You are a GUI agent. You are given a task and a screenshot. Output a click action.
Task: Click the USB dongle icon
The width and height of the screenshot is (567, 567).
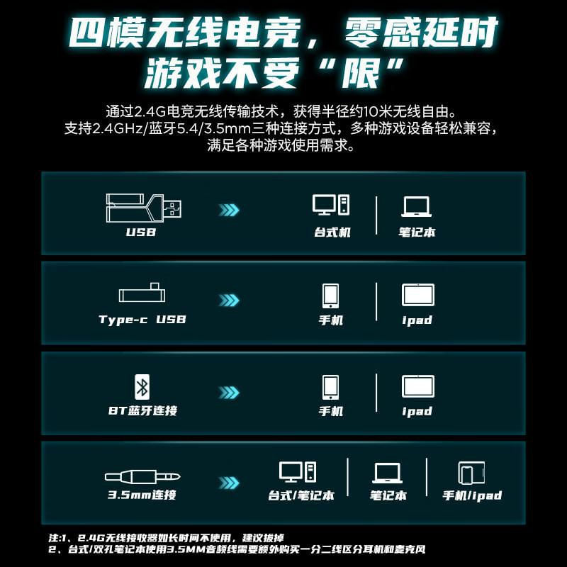pos(144,208)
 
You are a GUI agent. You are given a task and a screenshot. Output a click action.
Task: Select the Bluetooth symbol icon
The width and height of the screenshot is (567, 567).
pos(142,387)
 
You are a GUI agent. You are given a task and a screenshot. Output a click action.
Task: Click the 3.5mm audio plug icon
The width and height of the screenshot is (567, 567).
pos(142,476)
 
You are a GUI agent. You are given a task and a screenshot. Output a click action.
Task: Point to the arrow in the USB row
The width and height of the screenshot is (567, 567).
pos(229,210)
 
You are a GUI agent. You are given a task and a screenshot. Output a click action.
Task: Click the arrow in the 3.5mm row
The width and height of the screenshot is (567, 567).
pos(229,483)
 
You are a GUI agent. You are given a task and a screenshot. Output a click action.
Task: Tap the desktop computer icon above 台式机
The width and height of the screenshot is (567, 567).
pos(331,205)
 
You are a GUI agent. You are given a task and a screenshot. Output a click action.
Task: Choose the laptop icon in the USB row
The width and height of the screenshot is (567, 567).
pos(416,207)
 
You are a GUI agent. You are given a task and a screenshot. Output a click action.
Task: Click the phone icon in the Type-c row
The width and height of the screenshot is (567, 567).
pos(330,296)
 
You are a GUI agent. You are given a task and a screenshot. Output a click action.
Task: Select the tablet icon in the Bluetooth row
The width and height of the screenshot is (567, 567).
pos(418,386)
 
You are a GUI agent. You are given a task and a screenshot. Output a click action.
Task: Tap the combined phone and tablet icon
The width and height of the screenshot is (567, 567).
pos(471,473)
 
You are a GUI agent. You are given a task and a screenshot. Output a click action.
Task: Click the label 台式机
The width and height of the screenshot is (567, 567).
pos(332,232)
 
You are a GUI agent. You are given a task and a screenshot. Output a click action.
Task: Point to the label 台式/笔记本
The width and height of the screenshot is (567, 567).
pos(301,495)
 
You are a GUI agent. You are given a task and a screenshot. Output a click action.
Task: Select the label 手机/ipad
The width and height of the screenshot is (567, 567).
pos(472,495)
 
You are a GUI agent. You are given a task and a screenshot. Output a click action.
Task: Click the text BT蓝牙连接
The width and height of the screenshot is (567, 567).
pos(143,410)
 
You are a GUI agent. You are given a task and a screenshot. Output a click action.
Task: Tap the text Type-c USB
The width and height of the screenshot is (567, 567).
pos(142,320)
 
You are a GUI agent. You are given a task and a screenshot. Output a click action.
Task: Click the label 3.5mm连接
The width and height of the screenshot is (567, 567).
pos(142,494)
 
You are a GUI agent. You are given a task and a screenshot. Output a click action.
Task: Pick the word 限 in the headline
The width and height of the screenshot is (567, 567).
pos(361,72)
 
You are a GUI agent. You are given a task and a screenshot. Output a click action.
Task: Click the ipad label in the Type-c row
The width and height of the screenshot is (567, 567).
pos(417,320)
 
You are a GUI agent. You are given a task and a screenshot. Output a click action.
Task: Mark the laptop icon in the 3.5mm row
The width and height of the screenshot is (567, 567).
pos(387,473)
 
